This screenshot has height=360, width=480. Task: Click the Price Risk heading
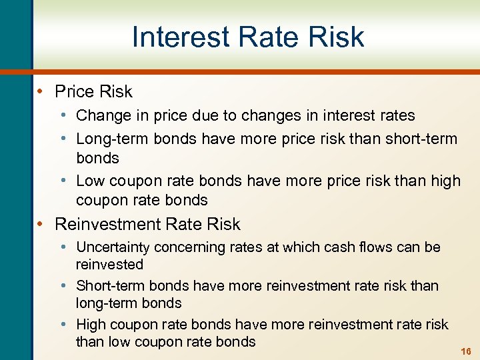(x=93, y=91)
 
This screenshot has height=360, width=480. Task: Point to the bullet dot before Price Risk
(x=43, y=91)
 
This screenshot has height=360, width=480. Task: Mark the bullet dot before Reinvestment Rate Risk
(x=43, y=224)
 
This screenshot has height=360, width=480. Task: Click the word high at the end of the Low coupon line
(x=445, y=181)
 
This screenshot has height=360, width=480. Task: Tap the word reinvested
(x=109, y=264)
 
